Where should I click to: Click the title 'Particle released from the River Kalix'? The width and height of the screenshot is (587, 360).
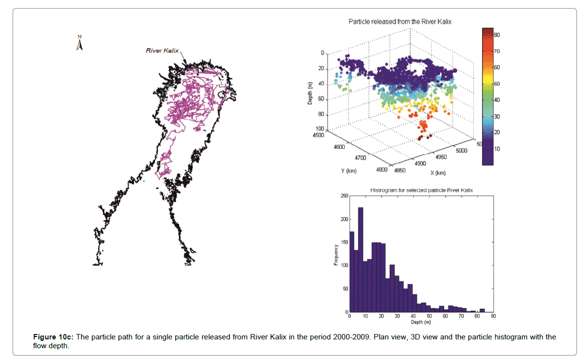tap(400, 22)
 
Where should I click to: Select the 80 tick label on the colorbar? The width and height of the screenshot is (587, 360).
tap(496, 35)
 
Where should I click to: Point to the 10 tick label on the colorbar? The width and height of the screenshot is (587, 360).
tap(496, 148)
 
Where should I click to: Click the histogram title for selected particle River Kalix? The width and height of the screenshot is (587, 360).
tap(422, 190)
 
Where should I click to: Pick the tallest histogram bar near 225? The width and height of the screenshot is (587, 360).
tap(360, 260)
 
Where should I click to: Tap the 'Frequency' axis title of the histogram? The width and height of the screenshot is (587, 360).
tap(336, 254)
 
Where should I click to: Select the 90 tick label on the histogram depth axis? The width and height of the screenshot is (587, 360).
tap(493, 316)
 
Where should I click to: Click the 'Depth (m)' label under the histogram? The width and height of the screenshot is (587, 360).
tap(421, 322)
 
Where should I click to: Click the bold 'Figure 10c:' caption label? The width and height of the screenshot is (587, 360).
tap(53, 337)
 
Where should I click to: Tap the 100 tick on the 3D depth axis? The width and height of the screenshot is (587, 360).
tap(321, 128)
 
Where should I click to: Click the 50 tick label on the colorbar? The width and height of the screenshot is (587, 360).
tap(496, 84)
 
